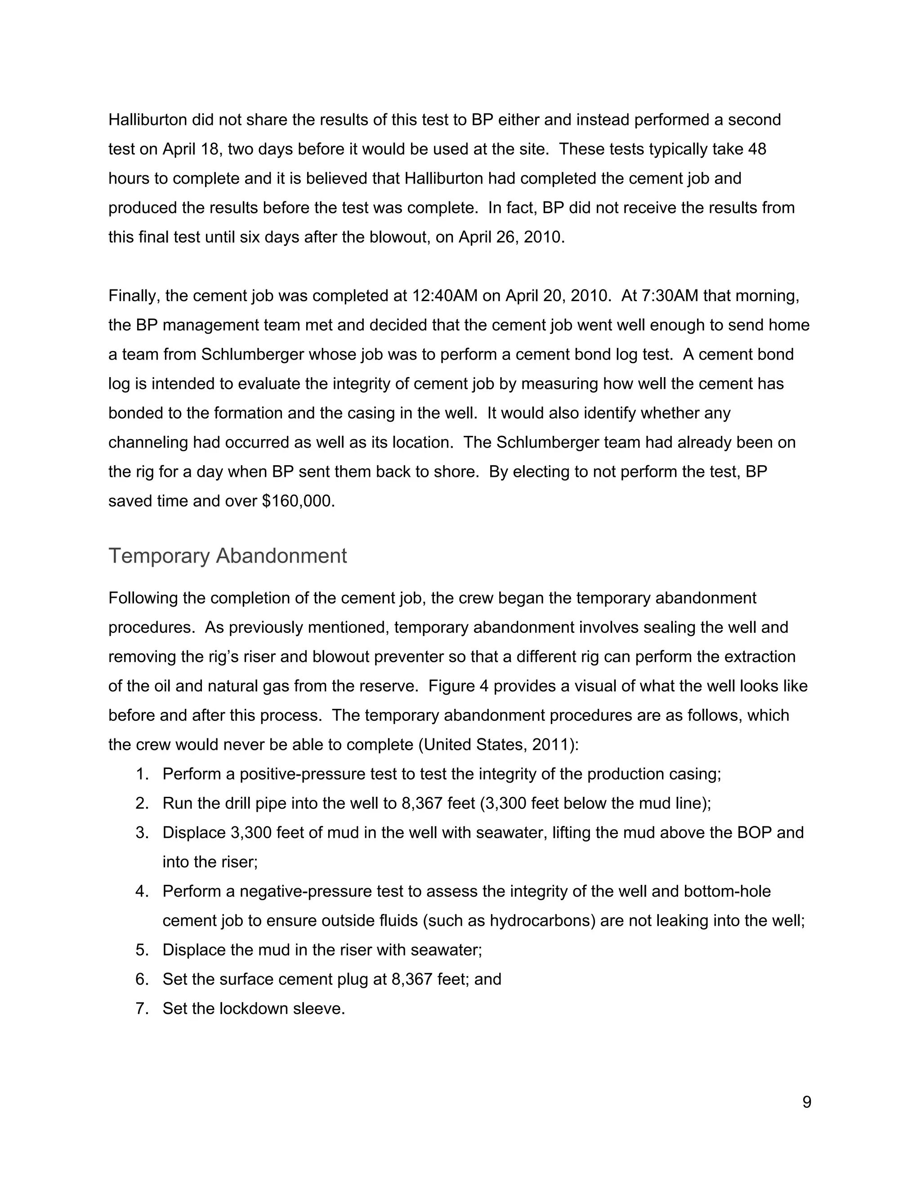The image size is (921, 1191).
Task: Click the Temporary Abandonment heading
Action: tap(227, 556)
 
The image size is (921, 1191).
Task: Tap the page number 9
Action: tap(806, 1102)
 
